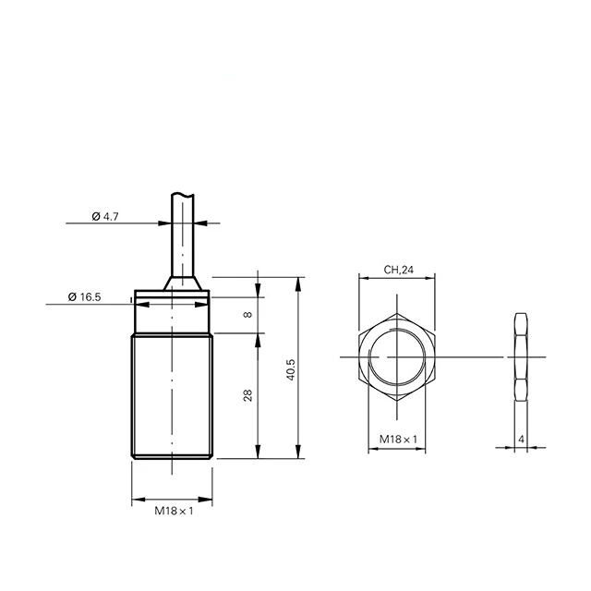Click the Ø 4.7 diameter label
click(x=105, y=216)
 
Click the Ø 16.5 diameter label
click(x=84, y=297)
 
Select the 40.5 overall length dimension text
click(x=291, y=369)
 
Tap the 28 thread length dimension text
click(x=247, y=395)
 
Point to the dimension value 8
click(x=247, y=314)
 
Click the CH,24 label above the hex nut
click(x=398, y=270)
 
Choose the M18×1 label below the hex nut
click(x=398, y=440)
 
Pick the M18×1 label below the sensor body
click(x=174, y=511)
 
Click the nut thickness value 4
click(x=521, y=440)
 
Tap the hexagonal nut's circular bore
click(x=396, y=330)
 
